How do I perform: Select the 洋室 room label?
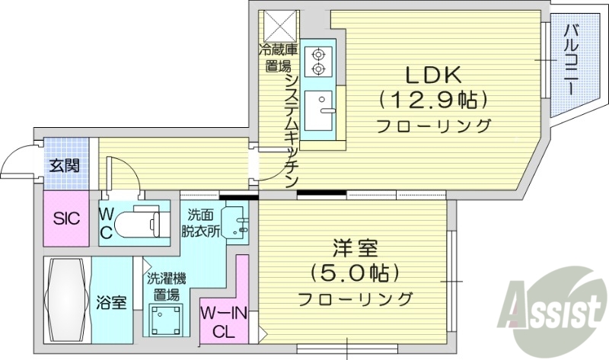coord(355,248)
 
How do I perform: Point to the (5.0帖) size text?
coord(355,272)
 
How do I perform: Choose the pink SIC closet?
coord(65,219)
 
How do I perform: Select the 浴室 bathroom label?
coord(111,302)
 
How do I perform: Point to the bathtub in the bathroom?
coord(67,300)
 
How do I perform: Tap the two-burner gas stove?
coord(317,62)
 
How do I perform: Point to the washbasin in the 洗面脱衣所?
coord(237,221)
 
